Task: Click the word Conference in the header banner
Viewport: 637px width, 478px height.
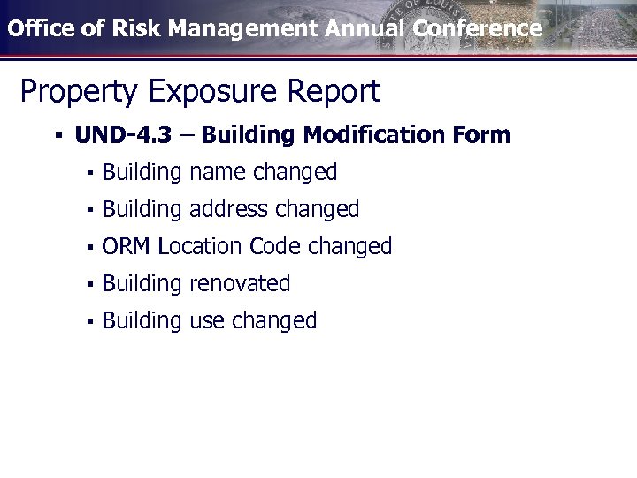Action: coord(477,28)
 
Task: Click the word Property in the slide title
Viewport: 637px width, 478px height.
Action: coord(72,92)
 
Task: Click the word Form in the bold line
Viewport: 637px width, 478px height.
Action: coord(481,135)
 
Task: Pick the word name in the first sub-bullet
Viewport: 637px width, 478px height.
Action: coord(219,172)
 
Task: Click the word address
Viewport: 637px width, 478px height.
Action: coord(228,209)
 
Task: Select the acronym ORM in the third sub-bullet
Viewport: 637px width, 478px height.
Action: coord(127,246)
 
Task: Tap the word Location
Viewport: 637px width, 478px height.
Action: coord(200,246)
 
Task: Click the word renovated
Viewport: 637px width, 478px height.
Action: coord(240,283)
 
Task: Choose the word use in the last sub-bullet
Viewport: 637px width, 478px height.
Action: coord(208,320)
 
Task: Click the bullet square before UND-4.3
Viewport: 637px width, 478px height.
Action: coord(58,136)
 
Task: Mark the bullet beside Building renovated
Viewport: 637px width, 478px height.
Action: coord(90,284)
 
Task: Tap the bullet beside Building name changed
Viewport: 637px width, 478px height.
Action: coord(90,173)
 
